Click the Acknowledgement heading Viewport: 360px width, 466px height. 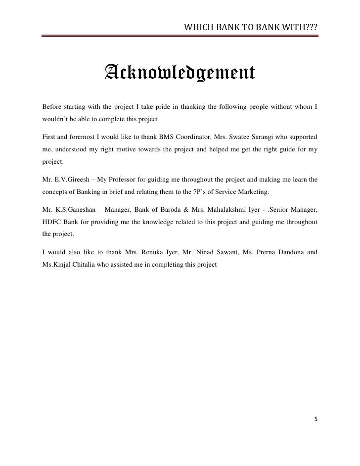180,75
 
